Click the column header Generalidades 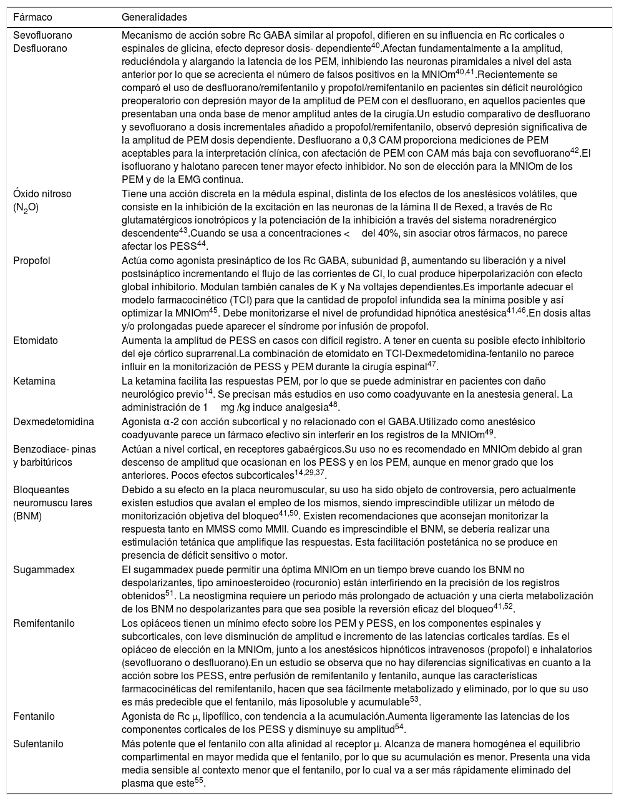tap(154, 17)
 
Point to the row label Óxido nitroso tap(42, 194)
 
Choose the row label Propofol tap(32, 260)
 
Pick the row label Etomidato tap(36, 340)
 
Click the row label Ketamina tap(34, 381)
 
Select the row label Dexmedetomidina tap(54, 421)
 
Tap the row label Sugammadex tap(44, 569)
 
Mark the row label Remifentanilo tap(44, 623)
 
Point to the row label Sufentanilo tap(38, 744)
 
